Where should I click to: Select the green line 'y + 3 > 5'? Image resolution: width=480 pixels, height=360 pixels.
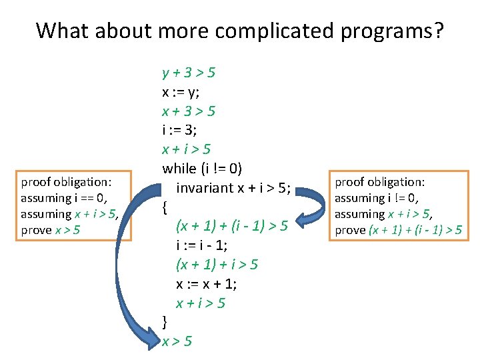click(188, 71)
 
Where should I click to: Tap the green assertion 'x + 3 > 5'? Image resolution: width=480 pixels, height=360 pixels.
click(188, 110)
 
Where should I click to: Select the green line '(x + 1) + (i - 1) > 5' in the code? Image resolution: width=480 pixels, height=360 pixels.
click(231, 226)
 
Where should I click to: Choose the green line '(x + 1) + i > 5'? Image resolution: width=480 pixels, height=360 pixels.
click(217, 265)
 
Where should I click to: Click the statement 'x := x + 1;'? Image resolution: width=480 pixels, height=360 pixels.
click(206, 284)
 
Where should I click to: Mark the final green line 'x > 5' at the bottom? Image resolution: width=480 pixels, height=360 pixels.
click(177, 341)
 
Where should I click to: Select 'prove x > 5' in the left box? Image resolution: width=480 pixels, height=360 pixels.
click(51, 230)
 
